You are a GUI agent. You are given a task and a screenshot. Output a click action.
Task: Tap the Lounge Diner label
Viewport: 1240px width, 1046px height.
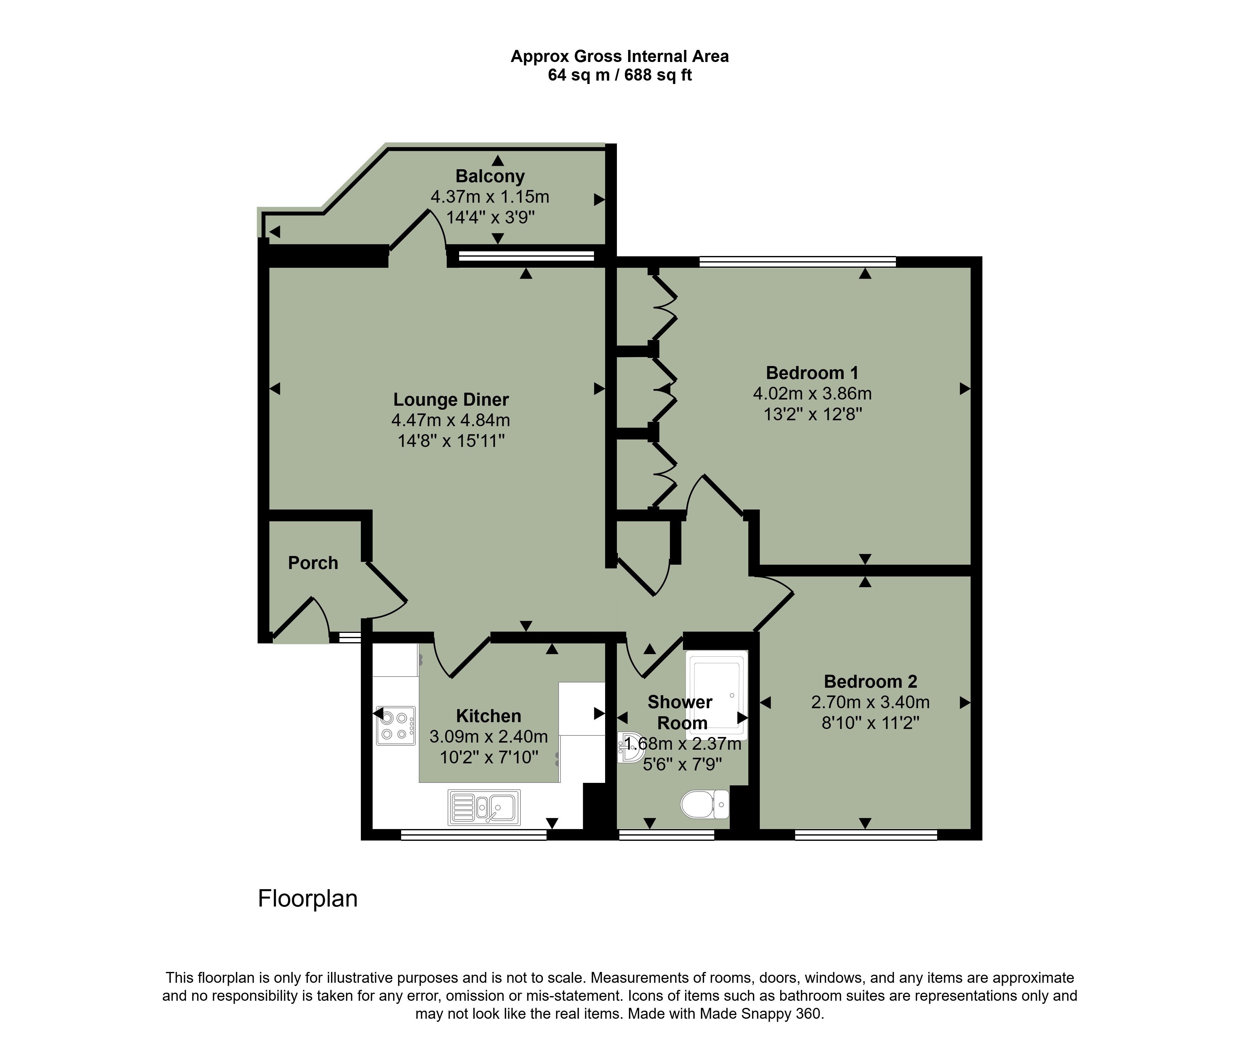point(451,400)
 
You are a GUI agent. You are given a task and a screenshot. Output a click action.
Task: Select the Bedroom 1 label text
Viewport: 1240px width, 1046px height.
point(812,373)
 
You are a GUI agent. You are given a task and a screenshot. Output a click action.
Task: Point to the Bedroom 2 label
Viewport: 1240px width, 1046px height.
point(870,682)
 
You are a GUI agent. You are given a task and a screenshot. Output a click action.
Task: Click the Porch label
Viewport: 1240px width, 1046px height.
point(312,563)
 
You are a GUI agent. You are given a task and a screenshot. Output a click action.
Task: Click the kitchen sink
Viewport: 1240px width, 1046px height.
point(484,807)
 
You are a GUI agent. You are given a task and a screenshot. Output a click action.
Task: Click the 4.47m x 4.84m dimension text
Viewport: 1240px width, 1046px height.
point(451,421)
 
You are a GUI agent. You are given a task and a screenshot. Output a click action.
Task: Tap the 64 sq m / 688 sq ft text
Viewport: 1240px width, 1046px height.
point(620,75)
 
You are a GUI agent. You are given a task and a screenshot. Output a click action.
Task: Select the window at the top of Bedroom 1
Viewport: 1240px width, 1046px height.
point(798,262)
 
